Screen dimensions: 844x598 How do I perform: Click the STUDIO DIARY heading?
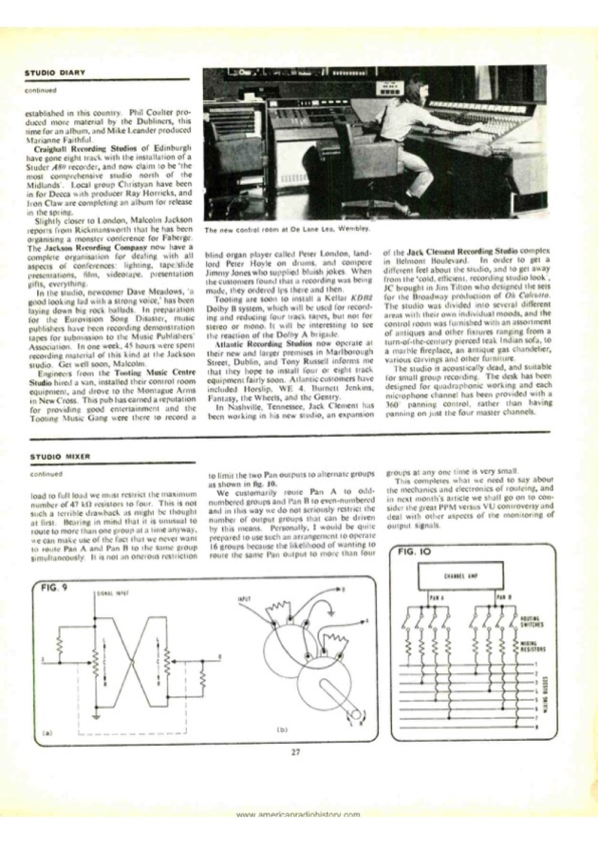(x=54, y=72)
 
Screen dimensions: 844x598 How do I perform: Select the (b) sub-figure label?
(x=283, y=729)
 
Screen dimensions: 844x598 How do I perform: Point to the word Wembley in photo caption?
(x=355, y=229)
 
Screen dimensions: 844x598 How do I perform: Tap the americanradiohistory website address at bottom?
(x=298, y=815)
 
